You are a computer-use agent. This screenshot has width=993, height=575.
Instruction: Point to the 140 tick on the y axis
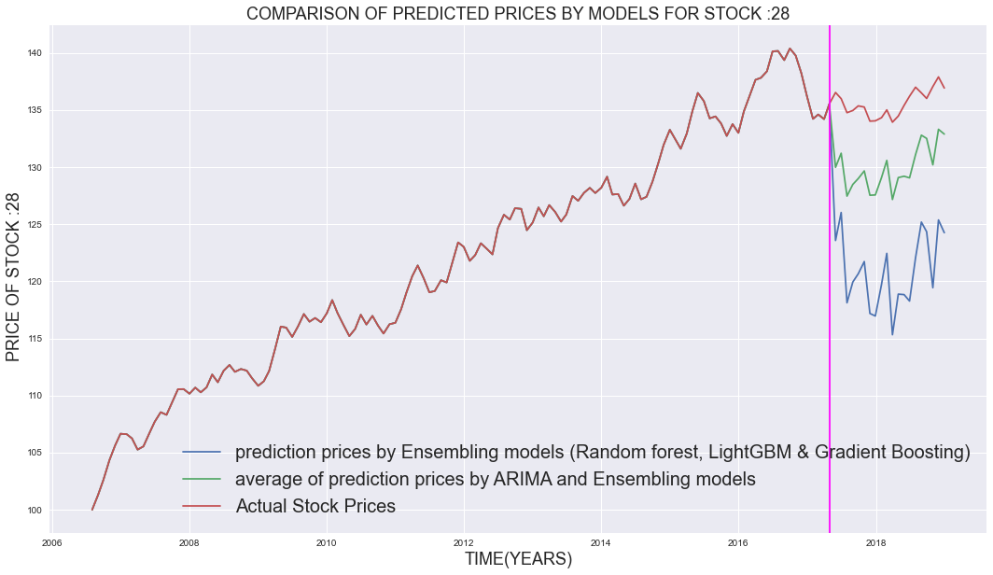coord(31,53)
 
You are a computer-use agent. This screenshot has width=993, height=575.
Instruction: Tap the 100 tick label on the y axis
coord(31,511)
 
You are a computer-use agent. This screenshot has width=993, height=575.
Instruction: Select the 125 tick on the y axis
coord(31,225)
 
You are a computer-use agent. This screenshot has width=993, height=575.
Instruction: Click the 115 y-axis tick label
coord(31,339)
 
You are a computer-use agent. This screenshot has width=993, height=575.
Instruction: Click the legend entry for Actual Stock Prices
coord(315,506)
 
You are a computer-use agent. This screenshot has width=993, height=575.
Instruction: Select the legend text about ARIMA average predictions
coord(495,479)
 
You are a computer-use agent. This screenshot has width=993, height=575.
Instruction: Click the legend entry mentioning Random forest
coord(602,453)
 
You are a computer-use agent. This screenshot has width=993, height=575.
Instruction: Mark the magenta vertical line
coord(830,280)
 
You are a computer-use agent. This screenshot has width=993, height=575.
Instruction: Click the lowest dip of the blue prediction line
coord(892,334)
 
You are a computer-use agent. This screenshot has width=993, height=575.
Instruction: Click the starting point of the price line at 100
coord(92,510)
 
